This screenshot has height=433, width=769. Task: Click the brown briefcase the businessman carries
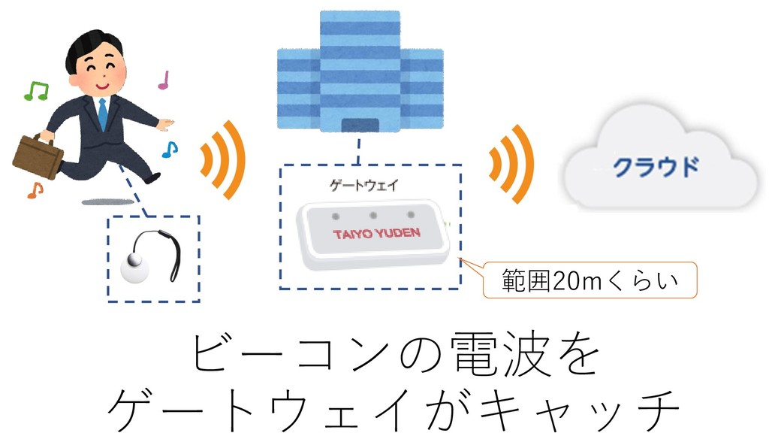(x=38, y=155)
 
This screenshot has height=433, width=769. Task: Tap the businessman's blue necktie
(x=102, y=113)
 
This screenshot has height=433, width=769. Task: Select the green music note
(x=35, y=91)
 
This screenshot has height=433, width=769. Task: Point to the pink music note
(x=164, y=80)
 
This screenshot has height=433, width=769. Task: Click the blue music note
(x=170, y=150)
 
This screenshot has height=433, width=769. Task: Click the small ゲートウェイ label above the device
(x=354, y=184)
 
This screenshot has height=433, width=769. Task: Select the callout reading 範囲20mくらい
(x=590, y=282)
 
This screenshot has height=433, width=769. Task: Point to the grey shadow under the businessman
(x=105, y=201)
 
